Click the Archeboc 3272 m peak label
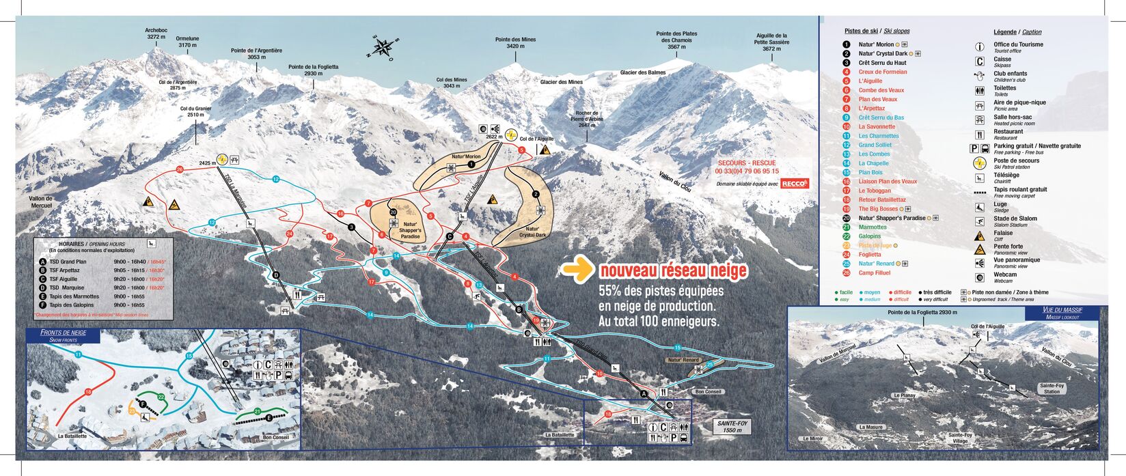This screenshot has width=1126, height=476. (x=156, y=33)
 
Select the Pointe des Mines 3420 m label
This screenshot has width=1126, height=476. (x=515, y=43)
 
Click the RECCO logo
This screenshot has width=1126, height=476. (x=795, y=183)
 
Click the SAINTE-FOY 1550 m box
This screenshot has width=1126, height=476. (x=729, y=427)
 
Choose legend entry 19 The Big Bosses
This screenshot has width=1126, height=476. (x=880, y=209)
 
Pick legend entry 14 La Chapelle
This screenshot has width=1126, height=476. (x=873, y=163)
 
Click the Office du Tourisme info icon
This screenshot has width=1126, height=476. (x=979, y=47)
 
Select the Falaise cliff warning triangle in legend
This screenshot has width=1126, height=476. (x=979, y=236)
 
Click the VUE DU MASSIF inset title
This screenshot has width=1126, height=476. (x=1062, y=313)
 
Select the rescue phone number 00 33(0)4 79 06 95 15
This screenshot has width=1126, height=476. (x=747, y=171)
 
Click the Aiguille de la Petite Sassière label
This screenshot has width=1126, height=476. (x=772, y=42)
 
